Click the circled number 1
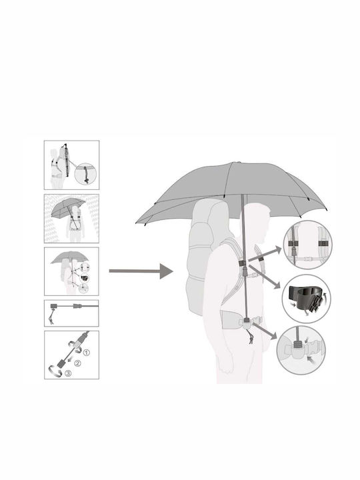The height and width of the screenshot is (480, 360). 87,353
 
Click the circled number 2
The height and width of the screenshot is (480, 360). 77,363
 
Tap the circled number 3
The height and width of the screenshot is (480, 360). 68,373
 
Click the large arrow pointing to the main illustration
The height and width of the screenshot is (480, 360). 141,271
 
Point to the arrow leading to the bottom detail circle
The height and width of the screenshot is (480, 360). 265,331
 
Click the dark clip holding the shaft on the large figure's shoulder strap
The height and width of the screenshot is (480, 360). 242,263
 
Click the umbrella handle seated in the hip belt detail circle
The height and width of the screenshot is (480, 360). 297,345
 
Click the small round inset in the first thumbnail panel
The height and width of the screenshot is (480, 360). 85,173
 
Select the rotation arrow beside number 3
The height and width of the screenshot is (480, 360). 56,371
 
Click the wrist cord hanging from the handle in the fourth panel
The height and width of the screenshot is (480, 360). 52,317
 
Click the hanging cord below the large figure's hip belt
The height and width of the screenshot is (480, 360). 251,336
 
